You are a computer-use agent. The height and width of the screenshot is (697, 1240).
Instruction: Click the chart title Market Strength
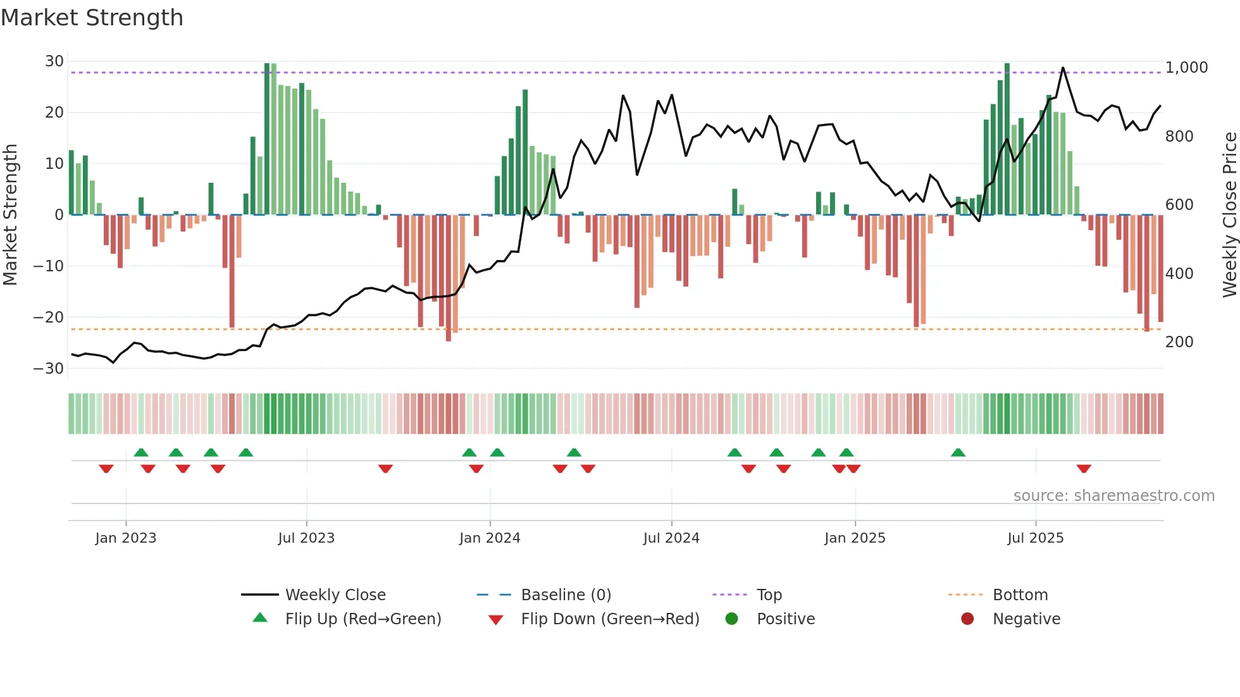pos(92,18)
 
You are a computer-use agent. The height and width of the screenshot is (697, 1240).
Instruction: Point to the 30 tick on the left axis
pos(54,61)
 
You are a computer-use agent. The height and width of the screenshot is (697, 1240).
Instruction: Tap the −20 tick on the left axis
pos(49,318)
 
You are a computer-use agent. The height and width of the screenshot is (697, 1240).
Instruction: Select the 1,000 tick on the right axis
pos(1186,68)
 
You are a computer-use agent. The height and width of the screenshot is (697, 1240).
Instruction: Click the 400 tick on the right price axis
pos(1179,274)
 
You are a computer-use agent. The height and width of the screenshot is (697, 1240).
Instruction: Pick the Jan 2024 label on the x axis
pos(490,538)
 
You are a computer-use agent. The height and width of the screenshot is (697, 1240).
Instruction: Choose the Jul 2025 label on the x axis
pos(1035,538)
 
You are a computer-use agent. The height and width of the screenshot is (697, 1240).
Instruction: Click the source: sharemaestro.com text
pos(1113,496)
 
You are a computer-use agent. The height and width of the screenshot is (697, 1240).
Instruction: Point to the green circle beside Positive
pos(732,619)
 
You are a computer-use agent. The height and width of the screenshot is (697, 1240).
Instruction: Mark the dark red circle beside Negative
pos(967,619)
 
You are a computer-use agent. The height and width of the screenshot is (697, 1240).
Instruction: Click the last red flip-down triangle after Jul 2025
pos(1084,469)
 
